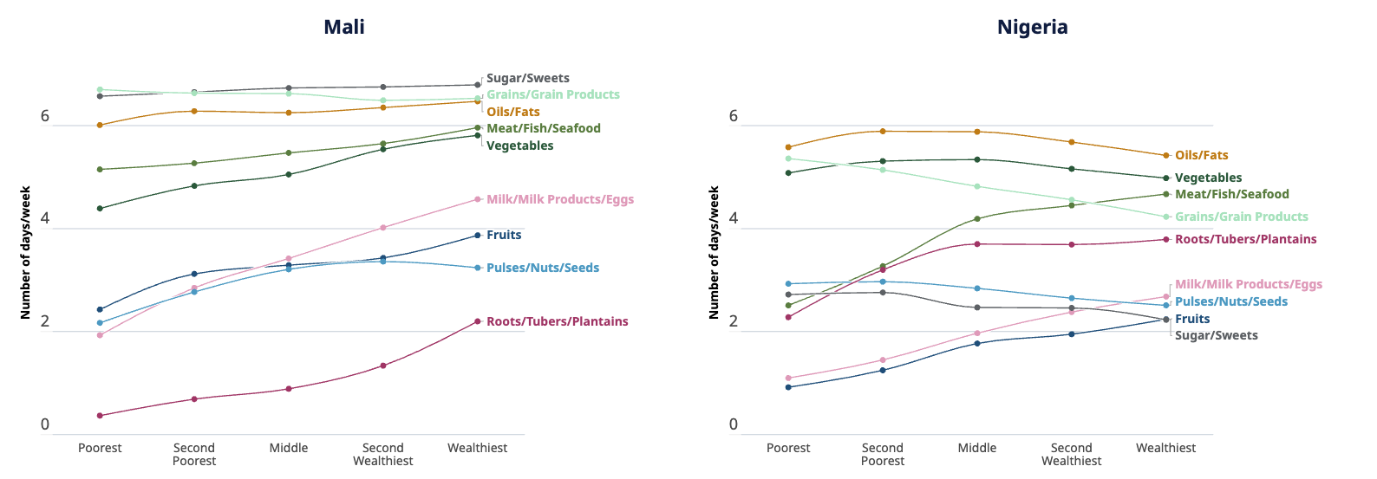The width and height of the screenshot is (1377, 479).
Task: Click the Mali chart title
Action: (344, 27)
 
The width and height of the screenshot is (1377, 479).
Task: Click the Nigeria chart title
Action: (1032, 27)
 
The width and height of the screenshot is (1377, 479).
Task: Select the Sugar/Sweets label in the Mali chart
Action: (527, 78)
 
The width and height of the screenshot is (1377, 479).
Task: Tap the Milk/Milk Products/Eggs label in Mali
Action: (559, 199)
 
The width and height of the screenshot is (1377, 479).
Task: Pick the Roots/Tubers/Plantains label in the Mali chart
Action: (557, 321)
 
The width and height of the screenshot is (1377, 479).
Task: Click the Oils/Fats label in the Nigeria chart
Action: (1201, 155)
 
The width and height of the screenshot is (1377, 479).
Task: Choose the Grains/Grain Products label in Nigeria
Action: (1241, 217)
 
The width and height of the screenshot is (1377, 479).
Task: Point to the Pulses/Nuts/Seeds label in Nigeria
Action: (1230, 301)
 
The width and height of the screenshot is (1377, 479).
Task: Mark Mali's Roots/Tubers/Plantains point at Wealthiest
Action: (478, 321)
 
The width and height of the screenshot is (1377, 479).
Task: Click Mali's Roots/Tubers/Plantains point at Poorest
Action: (100, 416)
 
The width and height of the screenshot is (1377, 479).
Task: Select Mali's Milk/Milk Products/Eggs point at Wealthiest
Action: (478, 199)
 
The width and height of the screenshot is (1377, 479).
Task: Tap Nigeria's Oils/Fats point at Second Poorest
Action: (883, 132)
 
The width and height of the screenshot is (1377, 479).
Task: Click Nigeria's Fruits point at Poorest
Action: (788, 387)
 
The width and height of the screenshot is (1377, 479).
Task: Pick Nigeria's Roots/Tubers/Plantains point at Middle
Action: (977, 244)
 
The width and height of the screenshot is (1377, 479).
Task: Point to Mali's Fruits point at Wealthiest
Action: (478, 236)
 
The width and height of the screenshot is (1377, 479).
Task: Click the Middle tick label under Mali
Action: (289, 448)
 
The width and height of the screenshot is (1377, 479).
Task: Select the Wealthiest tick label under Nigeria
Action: (1165, 448)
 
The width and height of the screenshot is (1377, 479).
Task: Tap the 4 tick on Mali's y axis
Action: (45, 219)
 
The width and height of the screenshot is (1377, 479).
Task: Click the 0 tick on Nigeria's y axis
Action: (734, 424)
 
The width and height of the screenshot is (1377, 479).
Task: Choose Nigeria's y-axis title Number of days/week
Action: (714, 252)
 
